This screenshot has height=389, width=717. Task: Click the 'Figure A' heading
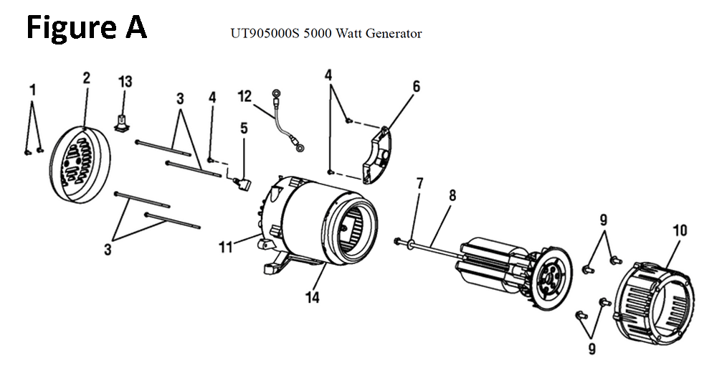[87, 27]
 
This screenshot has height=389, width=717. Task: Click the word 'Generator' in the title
[394, 34]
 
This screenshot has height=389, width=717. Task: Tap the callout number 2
[86, 78]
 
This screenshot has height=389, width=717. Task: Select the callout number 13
[125, 81]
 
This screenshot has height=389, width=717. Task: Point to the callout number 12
[246, 96]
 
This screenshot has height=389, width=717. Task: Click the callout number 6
[416, 86]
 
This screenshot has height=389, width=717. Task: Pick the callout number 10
[679, 230]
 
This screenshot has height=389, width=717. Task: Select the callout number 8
[452, 194]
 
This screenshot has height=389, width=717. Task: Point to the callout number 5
[244, 128]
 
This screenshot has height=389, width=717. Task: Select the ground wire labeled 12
[285, 122]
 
